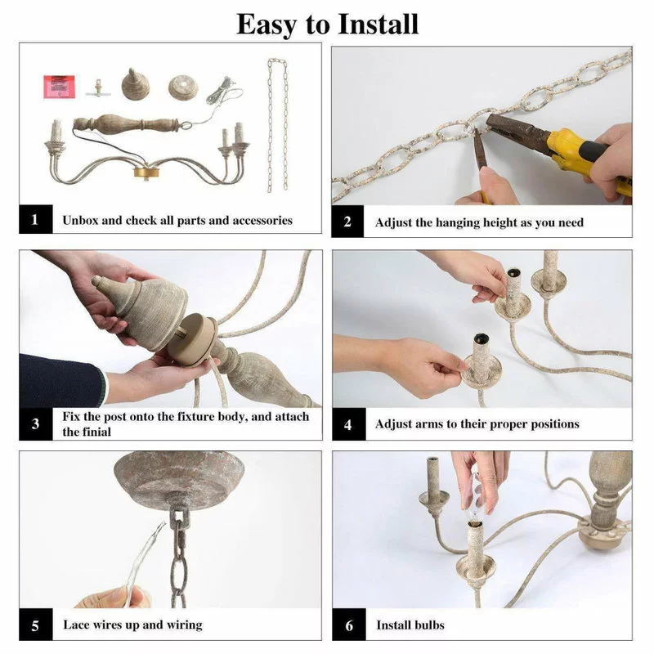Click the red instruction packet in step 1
59,87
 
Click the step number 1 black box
35,219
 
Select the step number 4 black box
349,424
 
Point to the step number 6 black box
349,625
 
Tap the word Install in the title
378,25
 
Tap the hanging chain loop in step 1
278,125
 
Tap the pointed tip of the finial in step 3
94,280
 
